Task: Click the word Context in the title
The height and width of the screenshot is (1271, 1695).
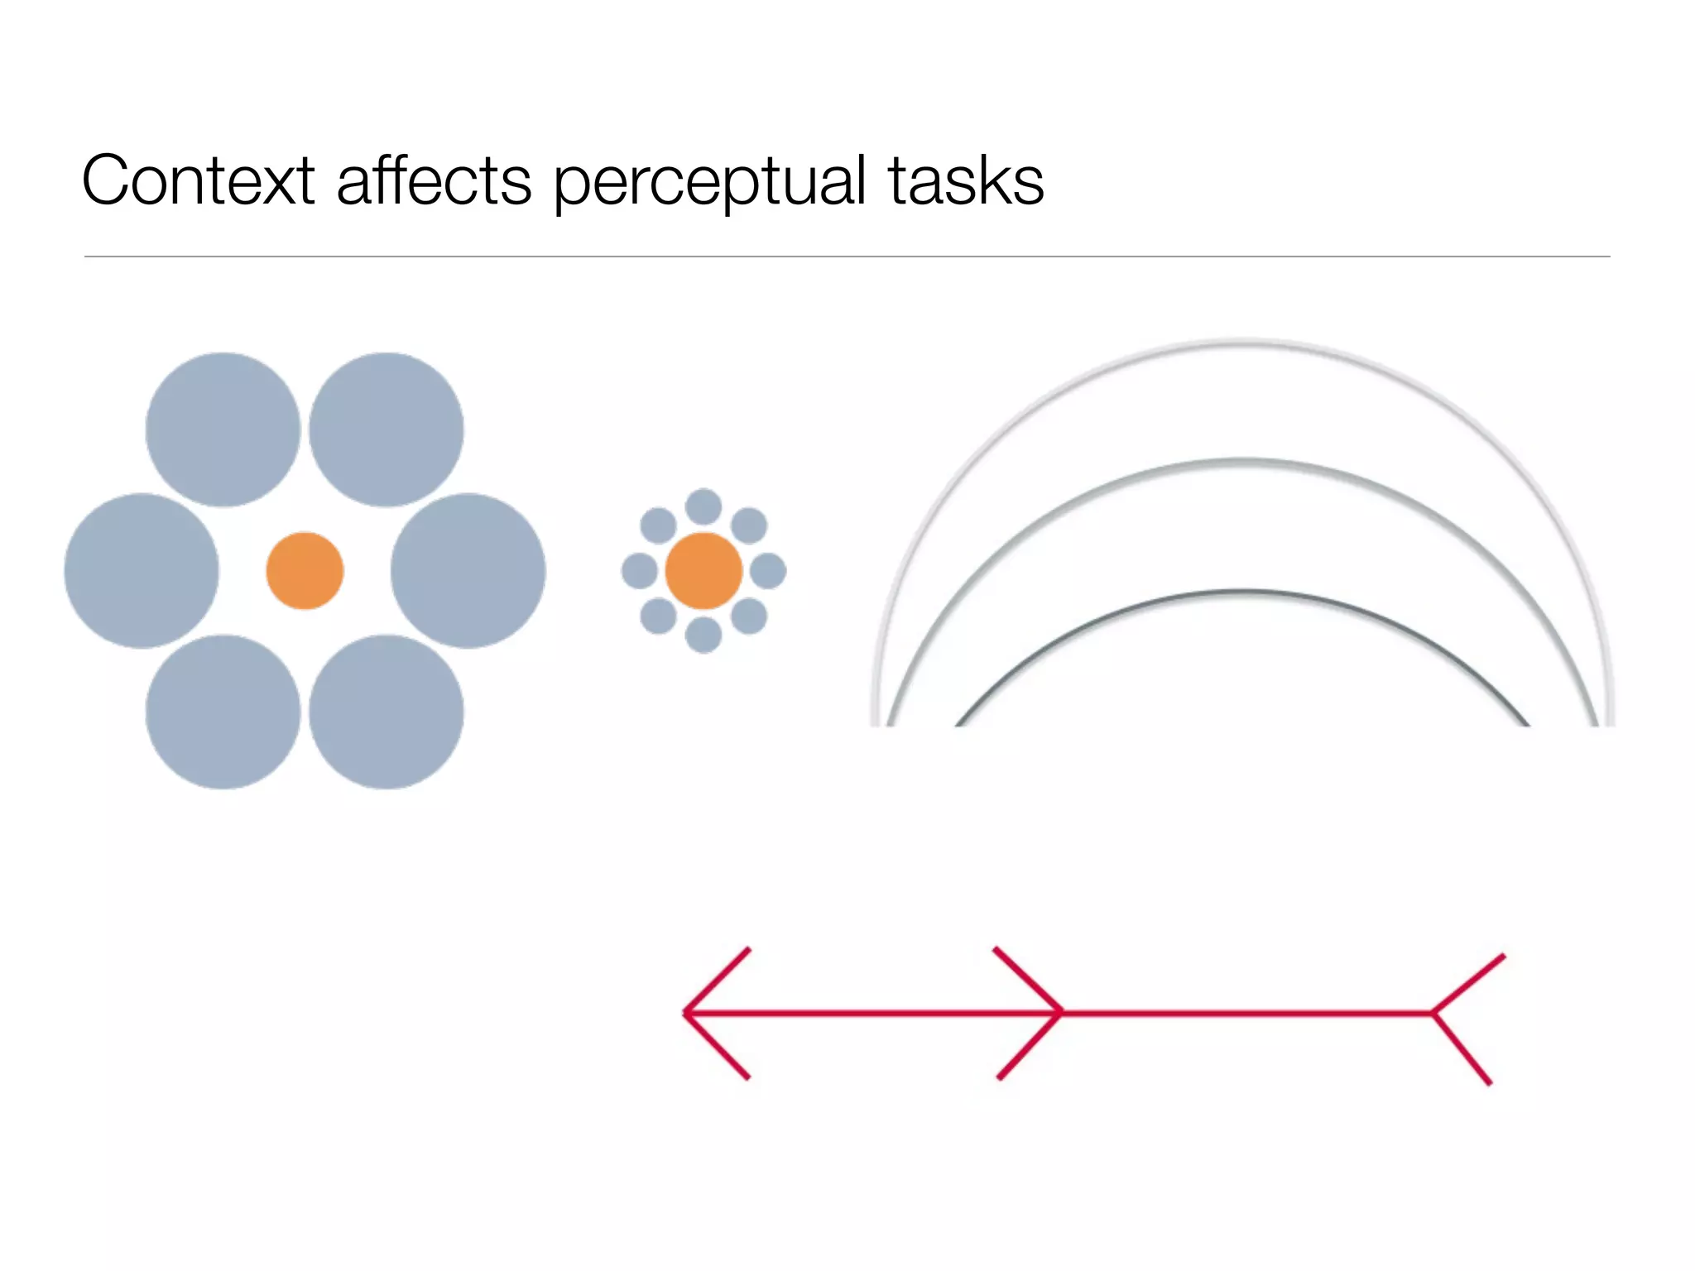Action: click(199, 180)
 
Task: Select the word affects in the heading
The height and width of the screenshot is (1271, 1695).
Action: click(434, 180)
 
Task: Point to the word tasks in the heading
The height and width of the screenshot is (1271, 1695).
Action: click(966, 180)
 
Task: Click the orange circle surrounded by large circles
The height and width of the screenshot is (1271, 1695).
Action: click(305, 571)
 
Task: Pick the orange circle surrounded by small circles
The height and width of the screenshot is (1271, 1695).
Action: click(703, 571)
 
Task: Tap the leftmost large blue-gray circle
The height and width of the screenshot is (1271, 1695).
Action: click(142, 571)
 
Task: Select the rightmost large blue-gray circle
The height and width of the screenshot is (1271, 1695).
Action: click(468, 571)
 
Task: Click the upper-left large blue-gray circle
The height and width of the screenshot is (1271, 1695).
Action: click(223, 429)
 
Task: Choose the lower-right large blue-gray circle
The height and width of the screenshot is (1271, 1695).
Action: click(386, 712)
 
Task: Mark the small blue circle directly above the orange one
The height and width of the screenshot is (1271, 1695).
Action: click(703, 506)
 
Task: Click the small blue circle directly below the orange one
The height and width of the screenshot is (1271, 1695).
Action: click(703, 635)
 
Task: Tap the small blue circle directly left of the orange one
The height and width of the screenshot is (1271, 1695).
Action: click(639, 571)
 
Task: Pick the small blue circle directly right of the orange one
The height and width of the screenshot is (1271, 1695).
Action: click(768, 571)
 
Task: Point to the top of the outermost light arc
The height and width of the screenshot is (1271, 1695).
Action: click(1241, 341)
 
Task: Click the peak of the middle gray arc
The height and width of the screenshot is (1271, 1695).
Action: click(1241, 460)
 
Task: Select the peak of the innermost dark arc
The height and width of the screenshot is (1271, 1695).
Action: click(1241, 592)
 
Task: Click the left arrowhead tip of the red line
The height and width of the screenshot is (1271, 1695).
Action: click(685, 1013)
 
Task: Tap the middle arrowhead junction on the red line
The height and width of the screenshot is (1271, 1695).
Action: click(1061, 1013)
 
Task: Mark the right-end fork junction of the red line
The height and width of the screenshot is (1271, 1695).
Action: click(1433, 1013)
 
